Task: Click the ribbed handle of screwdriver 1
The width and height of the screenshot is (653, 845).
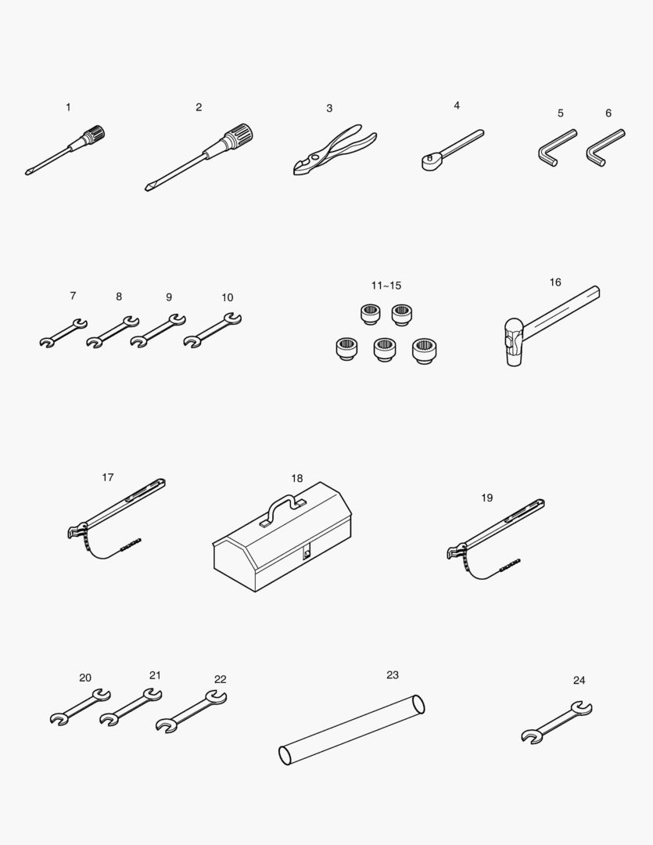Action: [96, 133]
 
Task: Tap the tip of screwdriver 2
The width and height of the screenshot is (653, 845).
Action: [146, 189]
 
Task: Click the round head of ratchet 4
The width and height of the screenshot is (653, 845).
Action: [431, 162]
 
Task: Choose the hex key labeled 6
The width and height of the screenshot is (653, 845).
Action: [605, 148]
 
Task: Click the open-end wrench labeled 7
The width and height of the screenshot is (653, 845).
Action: [63, 333]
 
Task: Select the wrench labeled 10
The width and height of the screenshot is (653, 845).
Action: [212, 330]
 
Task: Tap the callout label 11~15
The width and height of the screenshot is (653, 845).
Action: [386, 286]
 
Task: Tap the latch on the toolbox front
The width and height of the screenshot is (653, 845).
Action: [307, 552]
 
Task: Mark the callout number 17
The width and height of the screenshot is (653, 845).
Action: [108, 477]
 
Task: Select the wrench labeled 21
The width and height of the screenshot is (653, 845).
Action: [131, 707]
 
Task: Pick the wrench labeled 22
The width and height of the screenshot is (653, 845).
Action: [192, 711]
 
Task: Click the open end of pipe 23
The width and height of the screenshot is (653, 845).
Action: [418, 704]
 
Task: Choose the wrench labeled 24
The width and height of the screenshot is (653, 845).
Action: [557, 723]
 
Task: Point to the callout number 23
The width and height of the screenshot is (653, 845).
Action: [393, 674]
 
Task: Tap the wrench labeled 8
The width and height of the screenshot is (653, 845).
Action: [113, 332]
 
